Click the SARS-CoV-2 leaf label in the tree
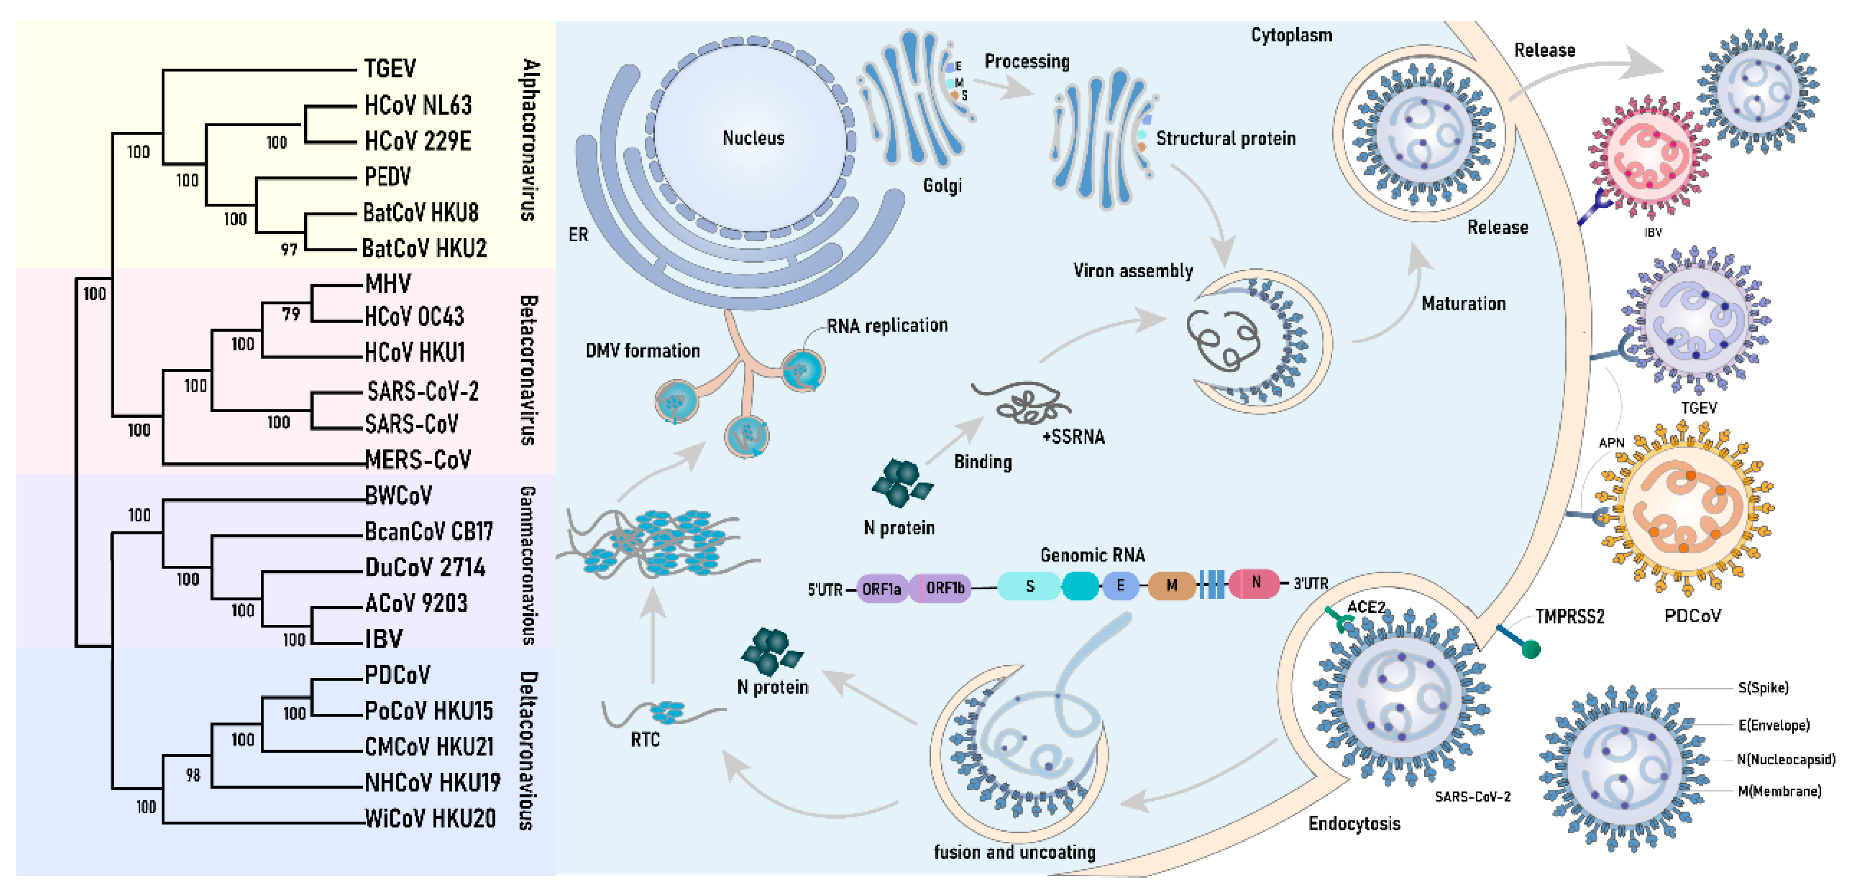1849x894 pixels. [x=422, y=391]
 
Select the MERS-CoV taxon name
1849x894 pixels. [x=418, y=459]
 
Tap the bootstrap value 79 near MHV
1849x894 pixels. [x=291, y=314]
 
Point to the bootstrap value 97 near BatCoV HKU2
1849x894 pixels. [x=289, y=249]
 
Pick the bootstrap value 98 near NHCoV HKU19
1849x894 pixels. [x=192, y=775]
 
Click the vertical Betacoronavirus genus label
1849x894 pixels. [x=527, y=369]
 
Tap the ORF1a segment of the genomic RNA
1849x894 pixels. [x=881, y=588]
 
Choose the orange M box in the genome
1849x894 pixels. [x=1171, y=585]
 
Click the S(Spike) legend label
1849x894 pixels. [x=1763, y=687]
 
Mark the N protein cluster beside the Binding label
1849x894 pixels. [x=901, y=482]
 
